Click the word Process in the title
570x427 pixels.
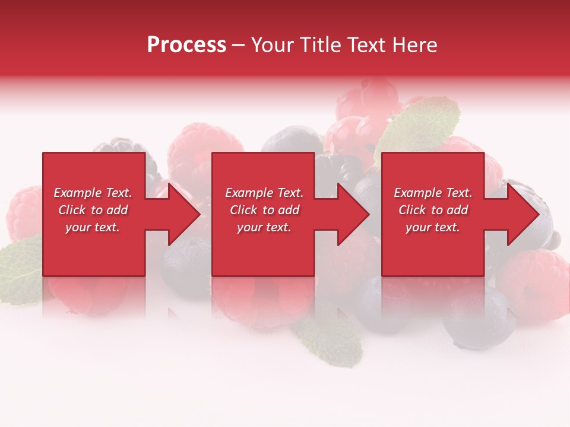coord(186,44)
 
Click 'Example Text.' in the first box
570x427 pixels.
coord(93,193)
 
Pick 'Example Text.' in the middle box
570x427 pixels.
coord(264,193)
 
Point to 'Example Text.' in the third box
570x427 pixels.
coord(433,193)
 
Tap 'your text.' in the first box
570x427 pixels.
coord(93,227)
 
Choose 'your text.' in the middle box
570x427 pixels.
coord(264,227)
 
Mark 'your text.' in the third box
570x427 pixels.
coord(433,227)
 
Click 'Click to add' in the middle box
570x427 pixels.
coord(264,210)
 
